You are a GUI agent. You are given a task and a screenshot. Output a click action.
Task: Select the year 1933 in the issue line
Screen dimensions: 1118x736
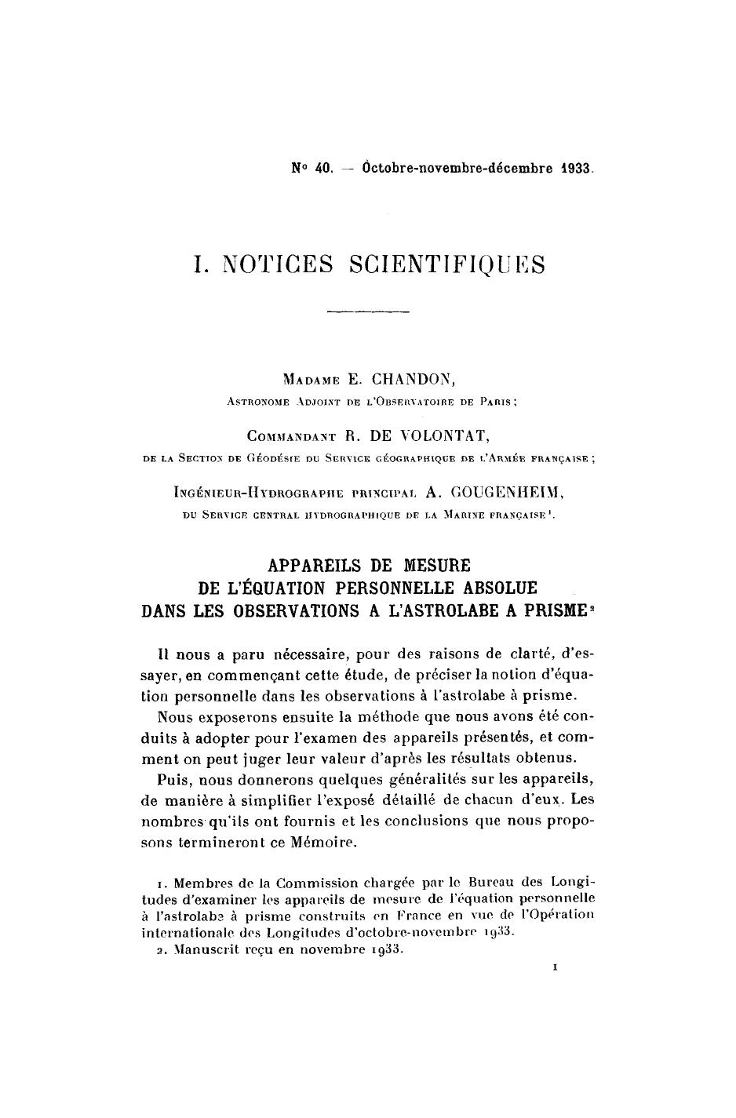576,168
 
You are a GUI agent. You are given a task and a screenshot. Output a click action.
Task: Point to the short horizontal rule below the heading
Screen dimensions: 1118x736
368,313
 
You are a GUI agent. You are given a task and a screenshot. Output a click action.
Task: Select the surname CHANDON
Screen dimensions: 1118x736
413,380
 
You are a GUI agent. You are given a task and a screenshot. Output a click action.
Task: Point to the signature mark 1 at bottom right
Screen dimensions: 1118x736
556,969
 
